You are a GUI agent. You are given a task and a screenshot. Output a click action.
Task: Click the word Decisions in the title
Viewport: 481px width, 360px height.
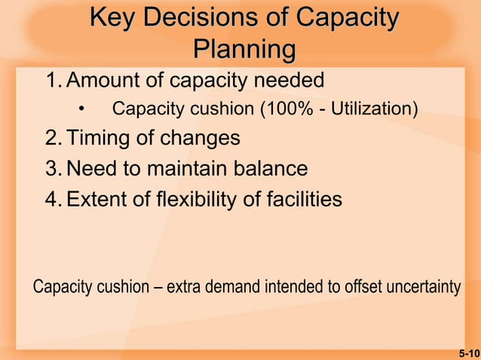pos(196,18)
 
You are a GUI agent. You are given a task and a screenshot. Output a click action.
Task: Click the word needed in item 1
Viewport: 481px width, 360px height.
pos(287,80)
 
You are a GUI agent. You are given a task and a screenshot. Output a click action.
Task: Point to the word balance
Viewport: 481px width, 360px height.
pos(266,169)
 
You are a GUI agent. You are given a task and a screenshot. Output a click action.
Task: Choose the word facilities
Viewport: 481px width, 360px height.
pos(299,199)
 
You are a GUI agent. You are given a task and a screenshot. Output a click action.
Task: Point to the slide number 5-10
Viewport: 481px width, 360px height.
pos(468,352)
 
